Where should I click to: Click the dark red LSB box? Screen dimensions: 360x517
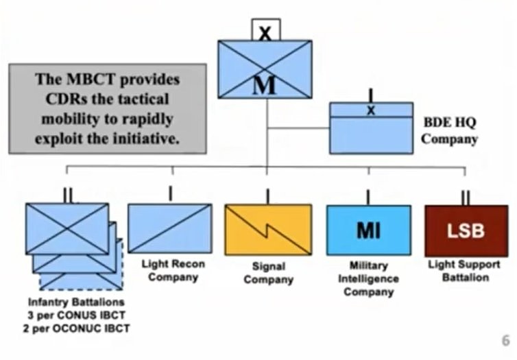pos(466,230)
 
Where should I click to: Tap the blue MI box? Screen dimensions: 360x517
pos(368,230)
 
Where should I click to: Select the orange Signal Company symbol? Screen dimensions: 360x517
pos(267,230)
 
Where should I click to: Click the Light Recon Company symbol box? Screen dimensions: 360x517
pos(170,228)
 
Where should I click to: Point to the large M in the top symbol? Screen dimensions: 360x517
pos(265,86)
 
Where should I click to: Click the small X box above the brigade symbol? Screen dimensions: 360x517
pos(265,30)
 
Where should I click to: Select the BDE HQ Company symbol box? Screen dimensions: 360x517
pos(371,128)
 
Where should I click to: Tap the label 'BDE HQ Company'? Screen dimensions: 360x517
pos(449,131)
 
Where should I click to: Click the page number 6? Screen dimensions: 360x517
pos(505,339)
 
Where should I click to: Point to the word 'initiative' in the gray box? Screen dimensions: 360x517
pos(145,137)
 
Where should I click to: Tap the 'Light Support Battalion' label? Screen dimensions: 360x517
pos(468,270)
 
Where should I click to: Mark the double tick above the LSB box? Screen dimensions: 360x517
pos(466,197)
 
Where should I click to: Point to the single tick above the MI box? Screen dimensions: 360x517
pos(368,197)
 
